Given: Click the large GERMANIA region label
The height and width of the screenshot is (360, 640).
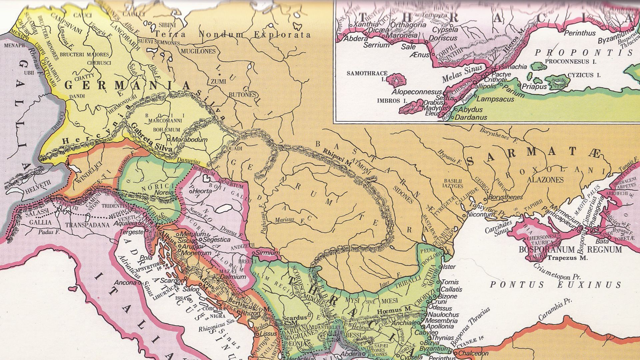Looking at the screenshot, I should [x=127, y=85].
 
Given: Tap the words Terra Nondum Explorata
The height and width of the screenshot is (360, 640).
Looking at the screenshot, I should [x=233, y=35].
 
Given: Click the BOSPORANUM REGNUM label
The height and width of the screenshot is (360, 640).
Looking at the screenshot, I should [x=570, y=250].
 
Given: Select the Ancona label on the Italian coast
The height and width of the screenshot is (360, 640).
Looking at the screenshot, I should [x=126, y=283].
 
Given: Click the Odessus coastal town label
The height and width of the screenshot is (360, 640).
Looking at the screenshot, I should [x=440, y=308].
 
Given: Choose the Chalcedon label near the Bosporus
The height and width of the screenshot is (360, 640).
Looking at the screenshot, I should [x=473, y=353].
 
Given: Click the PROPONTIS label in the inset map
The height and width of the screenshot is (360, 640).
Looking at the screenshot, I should [x=583, y=53].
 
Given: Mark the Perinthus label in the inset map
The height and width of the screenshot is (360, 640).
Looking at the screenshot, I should [x=579, y=33].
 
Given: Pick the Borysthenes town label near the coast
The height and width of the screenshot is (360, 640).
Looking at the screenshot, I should [x=505, y=197].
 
